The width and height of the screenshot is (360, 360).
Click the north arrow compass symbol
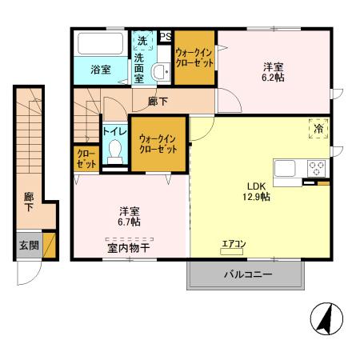(x=326, y=321)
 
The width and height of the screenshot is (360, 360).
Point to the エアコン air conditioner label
(x=234, y=244)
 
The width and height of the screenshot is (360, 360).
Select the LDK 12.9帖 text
(x=256, y=191)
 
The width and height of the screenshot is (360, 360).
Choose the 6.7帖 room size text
(x=130, y=223)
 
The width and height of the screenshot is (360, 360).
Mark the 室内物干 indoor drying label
(x=129, y=248)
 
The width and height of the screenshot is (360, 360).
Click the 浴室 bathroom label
(x=100, y=70)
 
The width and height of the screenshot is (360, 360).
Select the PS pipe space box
(x=166, y=36)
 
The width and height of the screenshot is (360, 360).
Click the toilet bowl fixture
(x=115, y=151)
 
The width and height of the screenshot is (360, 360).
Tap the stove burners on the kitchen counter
(x=317, y=169)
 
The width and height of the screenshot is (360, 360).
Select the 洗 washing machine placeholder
(x=142, y=41)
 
